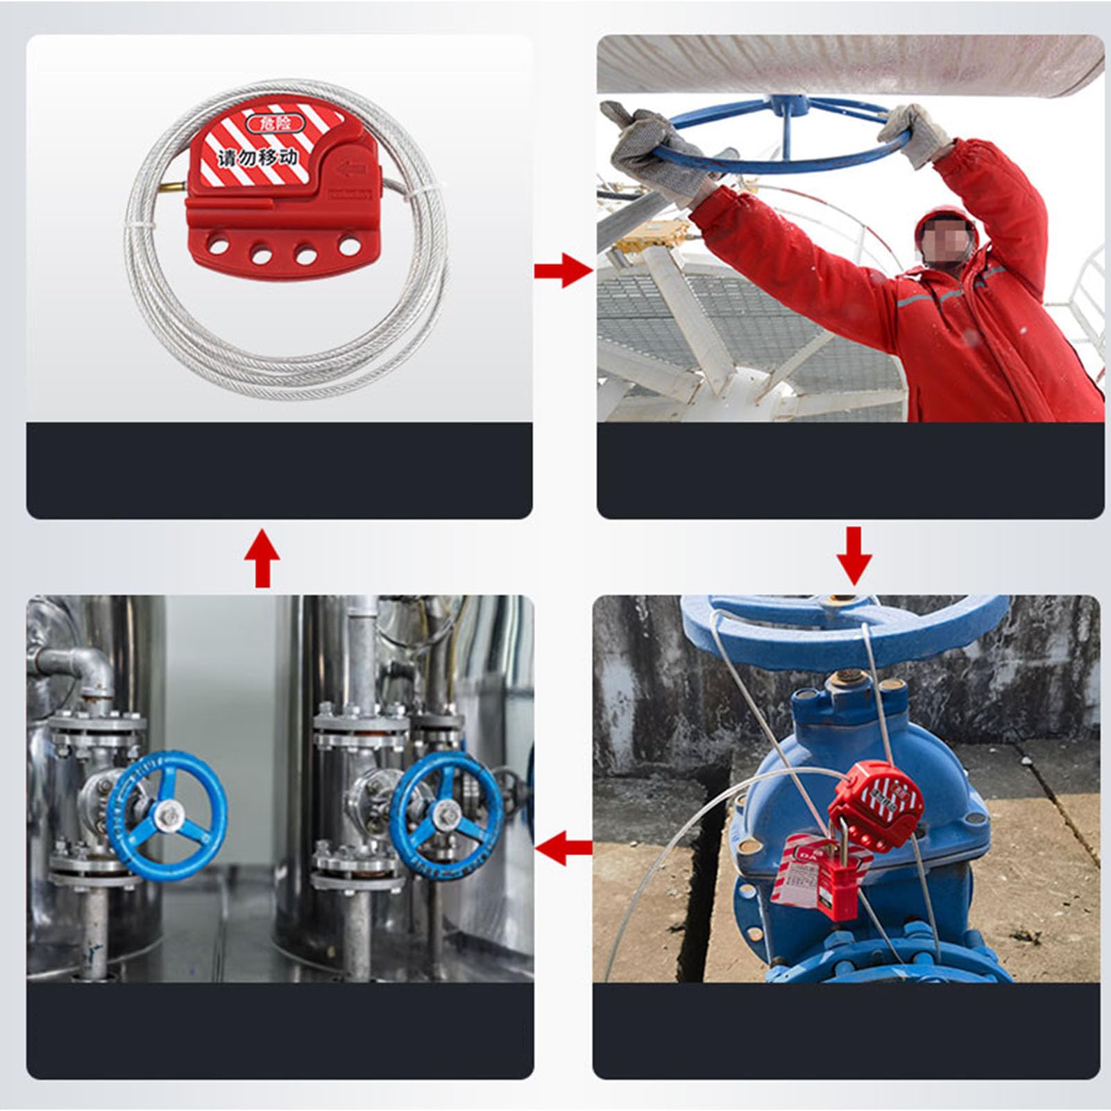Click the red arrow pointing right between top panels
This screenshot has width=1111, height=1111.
point(562,270)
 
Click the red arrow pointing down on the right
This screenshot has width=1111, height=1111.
point(854,554)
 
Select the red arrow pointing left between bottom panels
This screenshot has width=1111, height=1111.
point(563,847)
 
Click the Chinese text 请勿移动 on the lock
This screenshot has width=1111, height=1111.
point(258,158)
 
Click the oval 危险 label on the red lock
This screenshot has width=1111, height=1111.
point(275,124)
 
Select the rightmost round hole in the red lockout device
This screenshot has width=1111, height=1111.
point(348,245)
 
